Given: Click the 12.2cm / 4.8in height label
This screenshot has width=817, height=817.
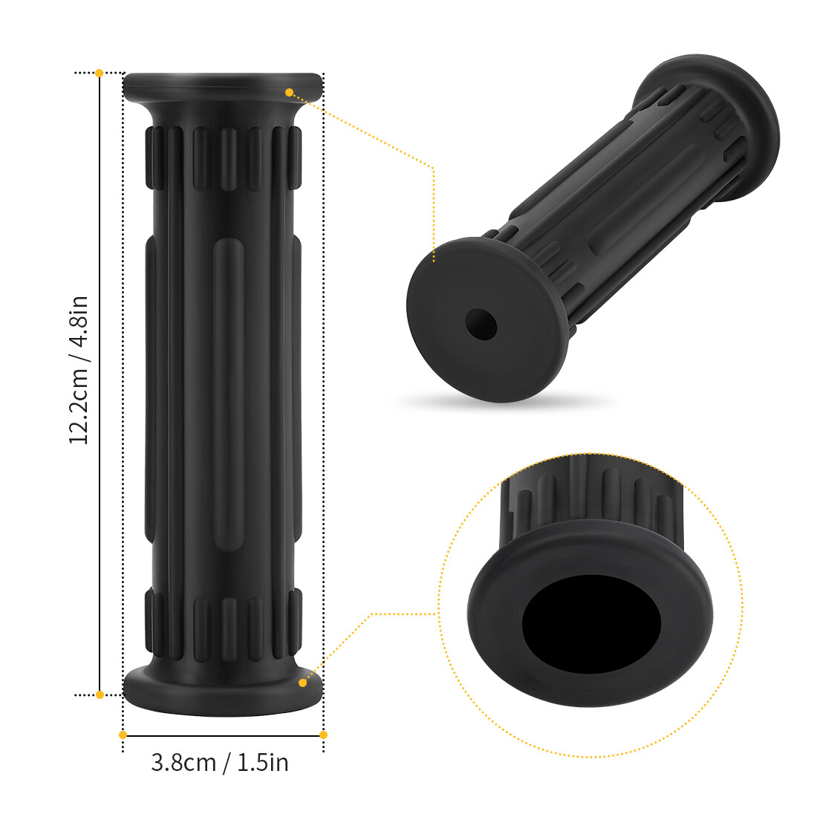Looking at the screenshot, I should pos(79,370).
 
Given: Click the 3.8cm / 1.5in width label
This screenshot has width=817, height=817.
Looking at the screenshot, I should pos(220,762).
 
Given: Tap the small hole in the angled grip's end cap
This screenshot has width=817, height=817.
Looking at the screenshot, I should pos(481,324).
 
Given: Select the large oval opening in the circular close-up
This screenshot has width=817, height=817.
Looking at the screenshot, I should pos(591,623).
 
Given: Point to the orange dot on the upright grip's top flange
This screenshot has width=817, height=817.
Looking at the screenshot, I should pos(289,92).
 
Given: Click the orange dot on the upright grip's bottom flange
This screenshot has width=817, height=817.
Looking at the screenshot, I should pos(302,682).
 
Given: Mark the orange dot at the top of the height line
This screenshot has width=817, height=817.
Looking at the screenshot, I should pos(100,73).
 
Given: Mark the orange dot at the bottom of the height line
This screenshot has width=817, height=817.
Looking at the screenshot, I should pos(100,694).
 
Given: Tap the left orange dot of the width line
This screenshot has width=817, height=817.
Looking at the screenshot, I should pos(123,735).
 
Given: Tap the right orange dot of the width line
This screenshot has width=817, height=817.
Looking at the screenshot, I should pos(323,735).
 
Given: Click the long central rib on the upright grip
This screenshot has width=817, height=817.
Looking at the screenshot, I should pos(228,394).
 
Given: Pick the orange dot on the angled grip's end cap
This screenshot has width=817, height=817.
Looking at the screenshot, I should pos(434,260).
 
